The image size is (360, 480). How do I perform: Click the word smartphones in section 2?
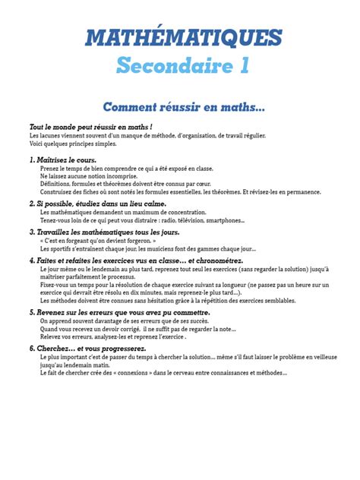[224, 221]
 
